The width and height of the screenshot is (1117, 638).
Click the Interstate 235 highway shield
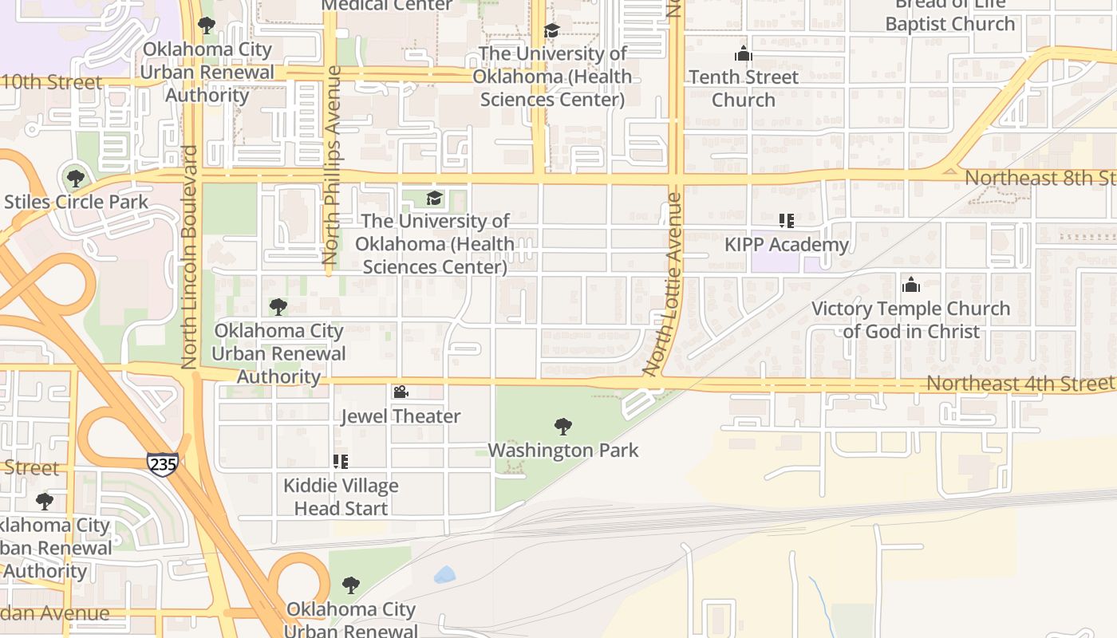click(162, 463)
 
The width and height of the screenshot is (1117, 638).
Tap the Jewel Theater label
click(401, 416)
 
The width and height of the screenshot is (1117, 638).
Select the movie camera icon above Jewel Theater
click(401, 392)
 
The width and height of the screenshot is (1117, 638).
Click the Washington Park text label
click(563, 451)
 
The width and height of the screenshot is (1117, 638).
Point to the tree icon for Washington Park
click(563, 427)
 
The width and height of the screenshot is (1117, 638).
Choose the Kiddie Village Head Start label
click(341, 497)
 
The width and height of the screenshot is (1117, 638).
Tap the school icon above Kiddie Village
click(341, 461)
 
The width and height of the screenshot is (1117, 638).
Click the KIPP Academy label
click(787, 245)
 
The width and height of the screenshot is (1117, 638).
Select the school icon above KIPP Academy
click(787, 220)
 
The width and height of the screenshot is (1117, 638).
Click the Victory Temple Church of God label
click(910, 320)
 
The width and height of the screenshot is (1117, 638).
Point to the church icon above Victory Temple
click(910, 285)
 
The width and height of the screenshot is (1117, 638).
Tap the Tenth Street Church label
click(744, 89)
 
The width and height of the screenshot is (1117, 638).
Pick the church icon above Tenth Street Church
click(744, 54)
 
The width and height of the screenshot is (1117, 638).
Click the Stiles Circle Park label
click(76, 202)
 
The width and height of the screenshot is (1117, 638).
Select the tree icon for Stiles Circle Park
click(76, 178)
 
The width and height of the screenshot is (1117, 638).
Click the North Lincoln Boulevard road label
click(189, 257)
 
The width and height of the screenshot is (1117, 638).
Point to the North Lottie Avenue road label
click(664, 284)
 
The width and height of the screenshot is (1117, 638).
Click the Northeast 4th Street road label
click(1020, 384)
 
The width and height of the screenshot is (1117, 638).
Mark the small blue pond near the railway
click(444, 574)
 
